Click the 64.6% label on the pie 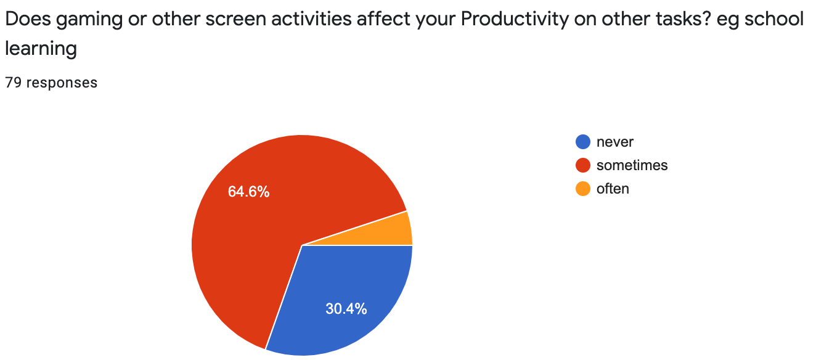[248, 192]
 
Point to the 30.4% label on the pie [346, 309]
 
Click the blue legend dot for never [583, 142]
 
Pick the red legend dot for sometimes [583, 165]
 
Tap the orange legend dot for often [583, 189]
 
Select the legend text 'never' [615, 142]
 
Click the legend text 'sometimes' [632, 165]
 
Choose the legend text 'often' [613, 189]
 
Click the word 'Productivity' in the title [515, 19]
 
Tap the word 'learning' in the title [41, 49]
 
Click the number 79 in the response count [14, 83]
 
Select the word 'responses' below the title [62, 83]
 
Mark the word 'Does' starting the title [28, 19]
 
